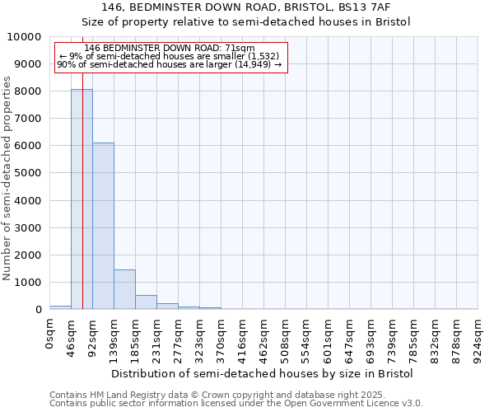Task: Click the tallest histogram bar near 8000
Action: coord(82,198)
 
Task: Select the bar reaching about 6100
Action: coord(103,227)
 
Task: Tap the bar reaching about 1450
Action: coord(124,289)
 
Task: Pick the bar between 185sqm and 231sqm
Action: coord(146,302)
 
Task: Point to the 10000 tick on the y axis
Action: coord(27,37)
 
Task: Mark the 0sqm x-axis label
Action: coord(49,336)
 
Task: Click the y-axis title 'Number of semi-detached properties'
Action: coord(8,179)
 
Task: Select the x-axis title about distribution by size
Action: coord(262,373)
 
